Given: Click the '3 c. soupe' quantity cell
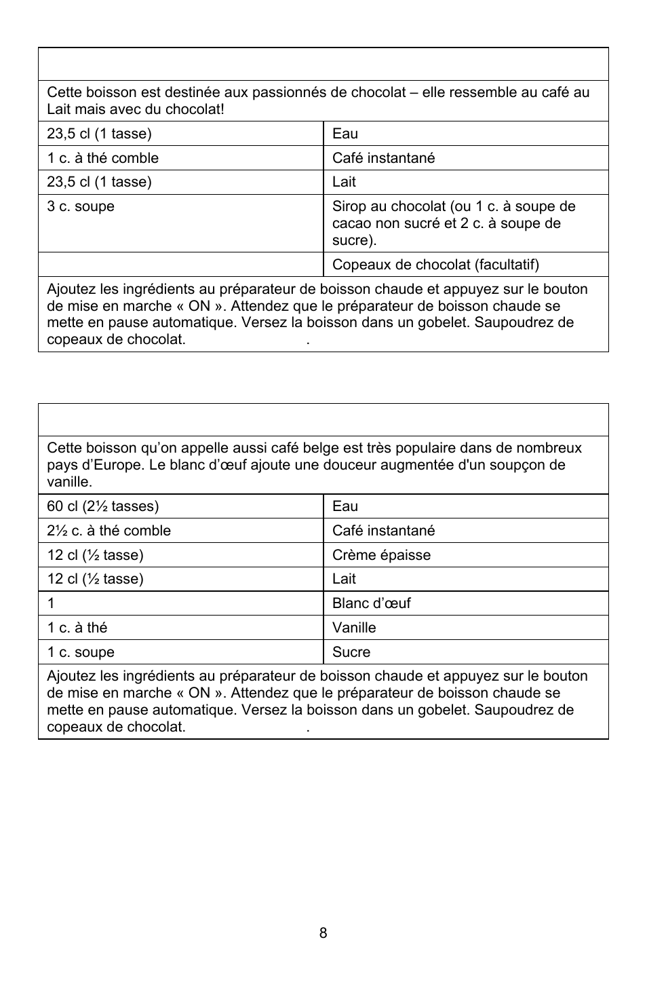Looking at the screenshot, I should pyautogui.click(x=81, y=206).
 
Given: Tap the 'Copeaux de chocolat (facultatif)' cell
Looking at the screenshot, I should pyautogui.click(x=435, y=265).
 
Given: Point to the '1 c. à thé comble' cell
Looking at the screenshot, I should pyautogui.click(x=102, y=158).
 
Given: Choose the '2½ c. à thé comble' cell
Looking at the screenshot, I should pyautogui.click(x=109, y=531).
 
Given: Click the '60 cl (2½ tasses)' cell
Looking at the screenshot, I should pyautogui.click(x=102, y=506).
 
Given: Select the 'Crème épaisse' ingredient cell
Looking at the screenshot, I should pyautogui.click(x=381, y=555).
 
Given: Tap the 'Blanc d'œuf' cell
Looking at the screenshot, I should pyautogui.click(x=371, y=603).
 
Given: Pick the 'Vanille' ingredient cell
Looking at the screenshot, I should pyautogui.click(x=354, y=628).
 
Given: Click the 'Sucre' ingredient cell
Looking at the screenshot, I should pyautogui.click(x=351, y=652).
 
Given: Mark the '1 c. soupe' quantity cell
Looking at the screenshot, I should pyautogui.click(x=81, y=652).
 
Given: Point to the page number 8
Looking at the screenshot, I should pyautogui.click(x=323, y=933).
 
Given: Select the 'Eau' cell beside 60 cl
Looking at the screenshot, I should pyautogui.click(x=345, y=506).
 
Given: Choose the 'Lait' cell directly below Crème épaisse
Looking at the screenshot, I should pyautogui.click(x=344, y=579).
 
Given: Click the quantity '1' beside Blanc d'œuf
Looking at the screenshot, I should pyautogui.click(x=51, y=603).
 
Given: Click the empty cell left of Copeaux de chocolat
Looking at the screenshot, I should pyautogui.click(x=180, y=265).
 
